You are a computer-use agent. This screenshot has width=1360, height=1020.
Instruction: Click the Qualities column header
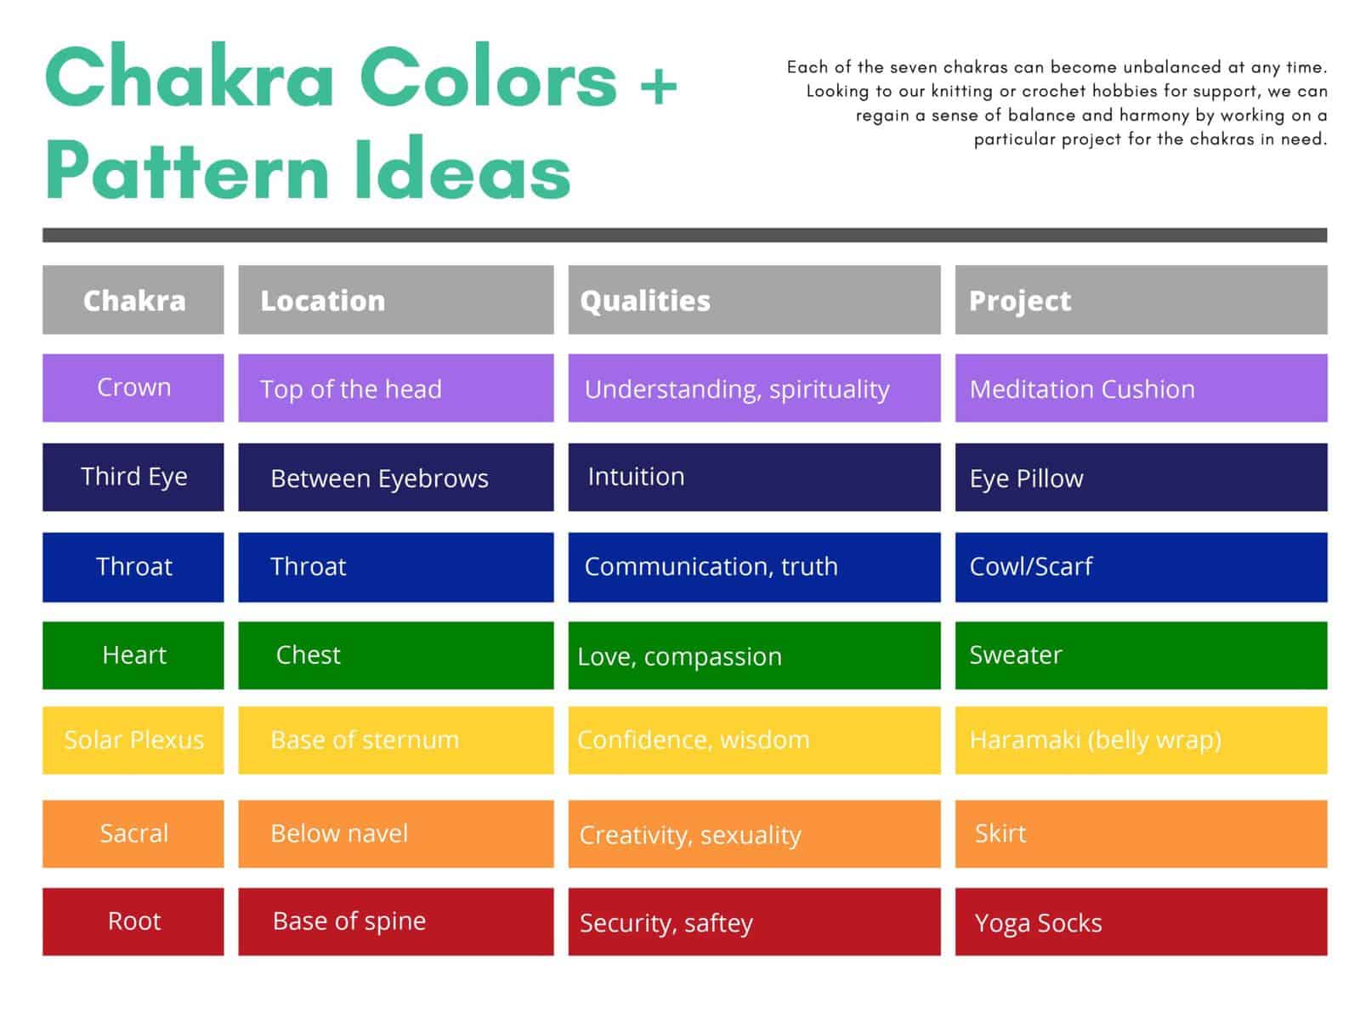(x=754, y=300)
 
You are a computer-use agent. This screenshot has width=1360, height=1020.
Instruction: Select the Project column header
(x=1141, y=300)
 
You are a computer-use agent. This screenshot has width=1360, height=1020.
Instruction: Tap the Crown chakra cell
(x=133, y=388)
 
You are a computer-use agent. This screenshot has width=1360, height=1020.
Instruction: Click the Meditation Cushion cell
(x=1141, y=388)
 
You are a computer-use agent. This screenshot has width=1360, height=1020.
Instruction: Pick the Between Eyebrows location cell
(x=395, y=478)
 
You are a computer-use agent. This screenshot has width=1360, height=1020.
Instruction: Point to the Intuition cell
(x=754, y=477)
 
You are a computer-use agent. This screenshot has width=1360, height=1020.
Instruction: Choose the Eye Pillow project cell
(x=1141, y=478)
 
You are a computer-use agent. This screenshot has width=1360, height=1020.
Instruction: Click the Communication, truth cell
(x=754, y=567)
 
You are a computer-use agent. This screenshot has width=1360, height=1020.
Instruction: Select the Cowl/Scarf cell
(x=1141, y=567)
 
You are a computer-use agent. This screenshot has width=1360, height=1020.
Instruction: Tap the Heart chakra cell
(x=133, y=655)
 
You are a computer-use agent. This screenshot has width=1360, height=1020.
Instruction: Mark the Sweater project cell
(x=1141, y=655)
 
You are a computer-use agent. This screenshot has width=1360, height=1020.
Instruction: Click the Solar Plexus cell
(x=133, y=740)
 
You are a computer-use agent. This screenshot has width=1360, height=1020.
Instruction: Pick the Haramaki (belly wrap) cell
(x=1141, y=740)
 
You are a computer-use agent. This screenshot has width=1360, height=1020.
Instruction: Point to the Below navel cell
(x=395, y=834)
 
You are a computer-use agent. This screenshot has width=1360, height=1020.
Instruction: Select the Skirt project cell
(x=1141, y=834)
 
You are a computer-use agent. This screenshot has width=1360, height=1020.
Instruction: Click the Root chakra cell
(x=133, y=921)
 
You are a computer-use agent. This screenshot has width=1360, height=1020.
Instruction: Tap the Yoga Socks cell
(x=1141, y=922)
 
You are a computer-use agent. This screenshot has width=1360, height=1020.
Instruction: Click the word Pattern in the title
(x=187, y=171)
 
